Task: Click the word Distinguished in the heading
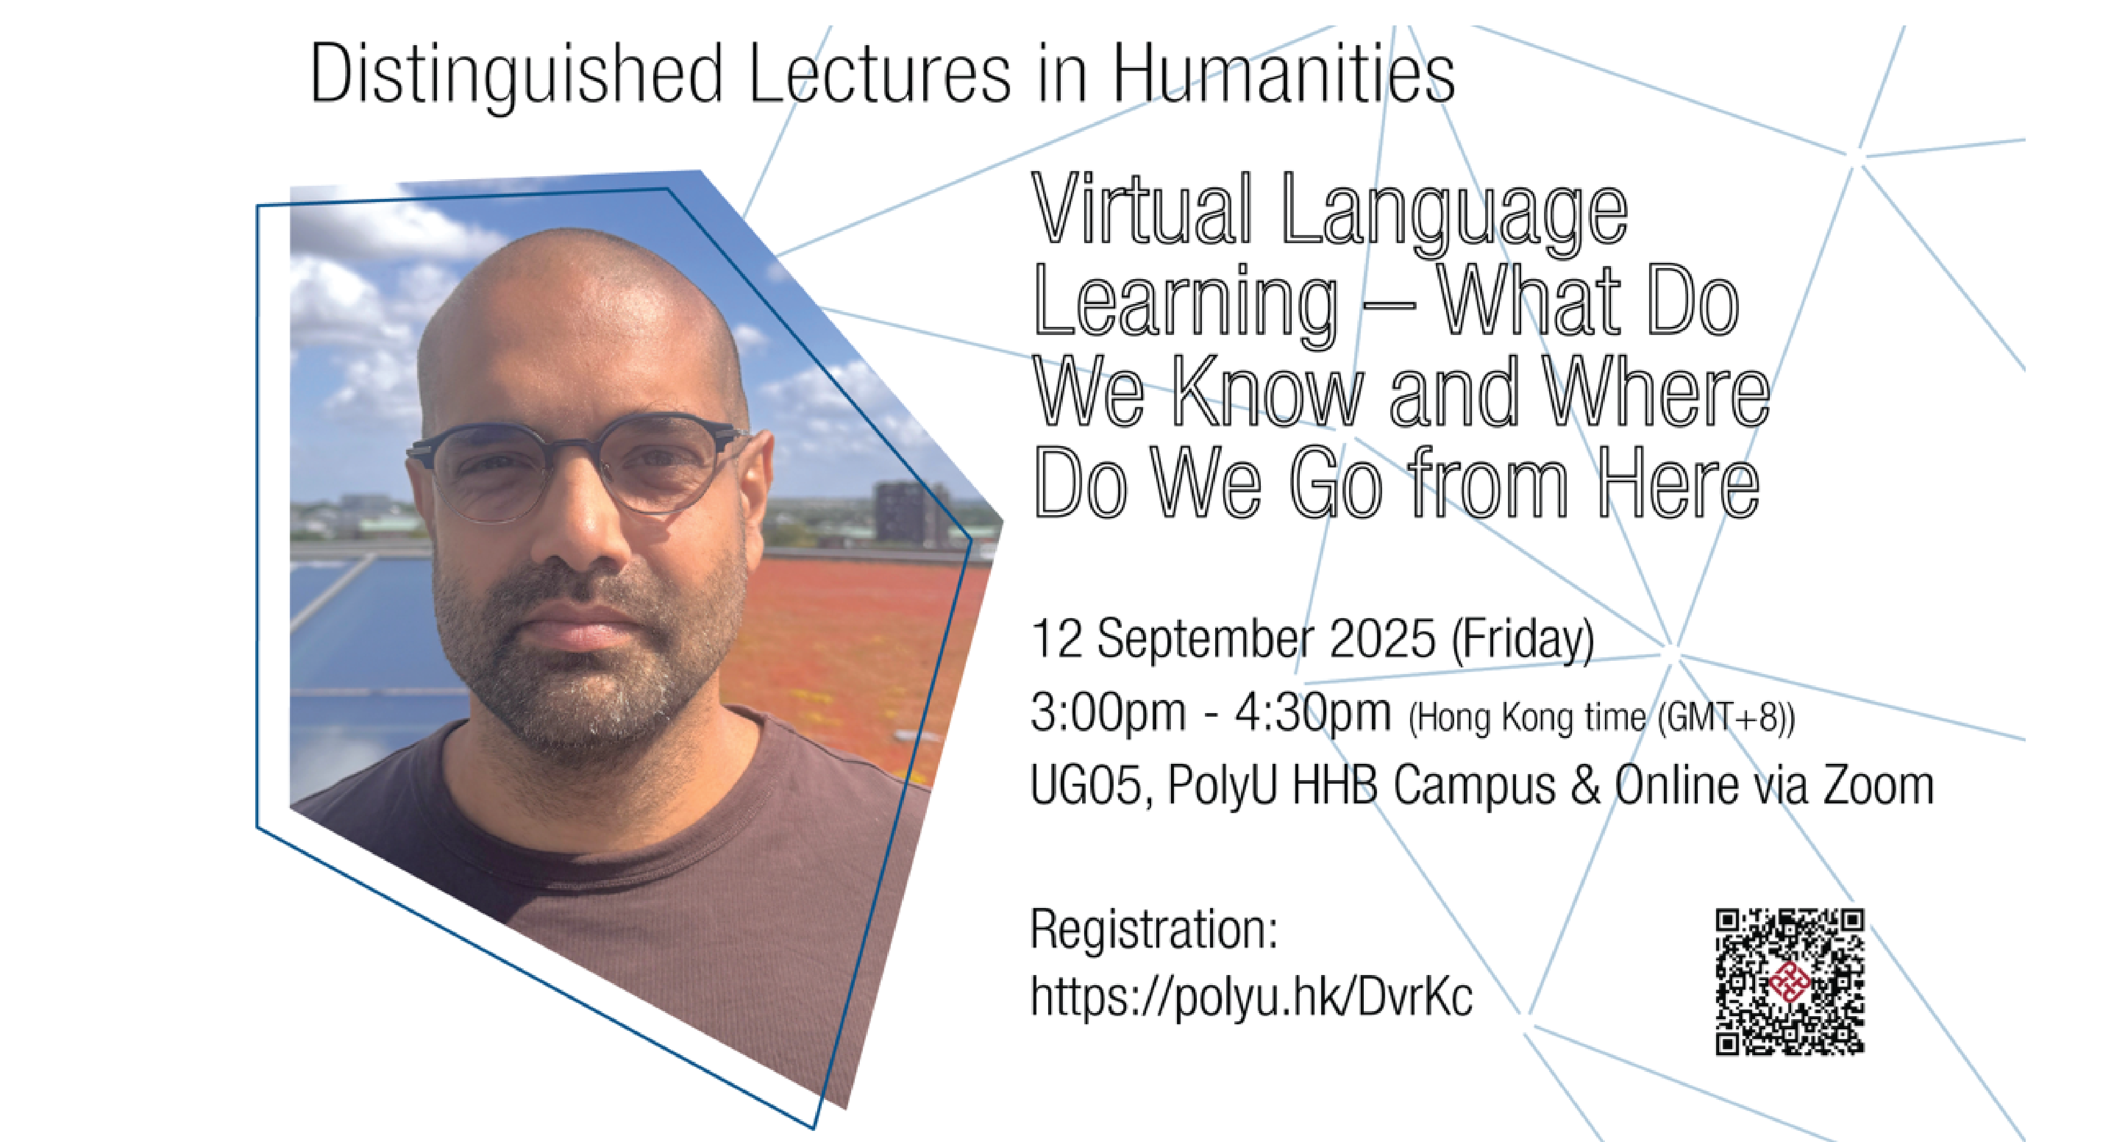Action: pyautogui.click(x=516, y=76)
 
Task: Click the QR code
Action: pyautogui.click(x=1790, y=981)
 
